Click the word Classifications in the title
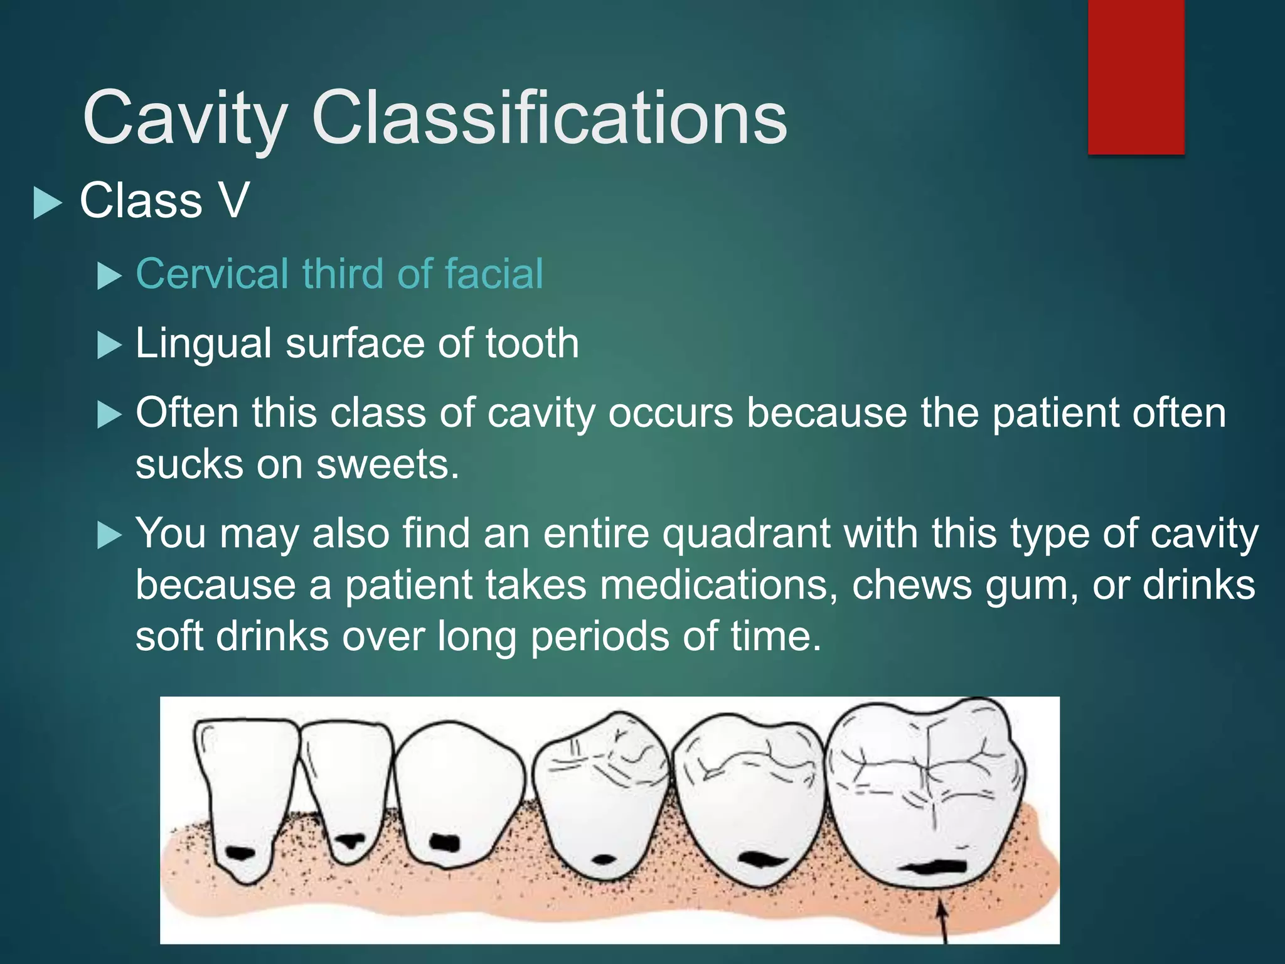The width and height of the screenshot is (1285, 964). pyautogui.click(x=549, y=118)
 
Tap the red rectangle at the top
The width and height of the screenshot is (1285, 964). pyautogui.click(x=1136, y=77)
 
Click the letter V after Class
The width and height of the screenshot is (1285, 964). pyautogui.click(x=233, y=201)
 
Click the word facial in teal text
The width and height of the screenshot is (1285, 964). pyautogui.click(x=494, y=274)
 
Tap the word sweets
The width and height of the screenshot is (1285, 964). pyautogui.click(x=387, y=464)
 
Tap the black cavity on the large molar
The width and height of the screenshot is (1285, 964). pyautogui.click(x=933, y=867)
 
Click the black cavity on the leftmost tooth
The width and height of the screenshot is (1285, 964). pyautogui.click(x=240, y=852)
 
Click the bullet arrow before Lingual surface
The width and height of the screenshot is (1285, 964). pyautogui.click(x=109, y=345)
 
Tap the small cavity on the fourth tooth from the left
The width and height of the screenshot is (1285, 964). pyautogui.click(x=603, y=859)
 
